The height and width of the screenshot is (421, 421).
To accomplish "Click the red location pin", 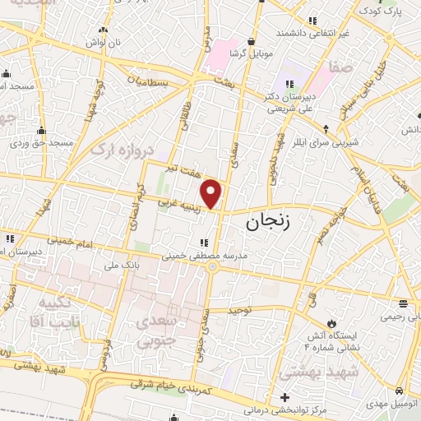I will [212, 193].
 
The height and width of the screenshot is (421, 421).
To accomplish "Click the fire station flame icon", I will [332, 321].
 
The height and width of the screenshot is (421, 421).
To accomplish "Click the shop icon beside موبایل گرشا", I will [252, 39].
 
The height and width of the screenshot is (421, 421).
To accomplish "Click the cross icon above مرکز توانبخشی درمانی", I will [285, 396].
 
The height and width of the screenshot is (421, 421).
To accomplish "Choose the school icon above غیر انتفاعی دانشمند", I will [312, 20].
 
